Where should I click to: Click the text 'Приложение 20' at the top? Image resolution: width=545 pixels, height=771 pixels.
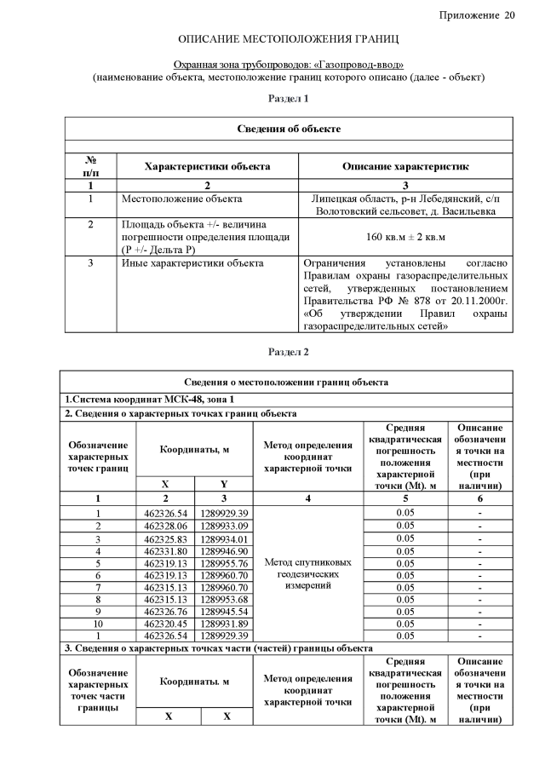477,15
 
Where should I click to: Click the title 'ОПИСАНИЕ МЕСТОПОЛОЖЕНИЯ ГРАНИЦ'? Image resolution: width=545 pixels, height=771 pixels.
289,40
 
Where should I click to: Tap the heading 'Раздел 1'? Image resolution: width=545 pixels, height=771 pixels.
289,100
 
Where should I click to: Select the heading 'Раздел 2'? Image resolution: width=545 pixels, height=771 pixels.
289,351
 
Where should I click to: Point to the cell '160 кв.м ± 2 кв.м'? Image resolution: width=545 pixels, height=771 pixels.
406,236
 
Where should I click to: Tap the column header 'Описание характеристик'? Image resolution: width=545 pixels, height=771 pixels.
405,166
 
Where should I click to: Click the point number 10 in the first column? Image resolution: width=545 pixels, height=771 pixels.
98,624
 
